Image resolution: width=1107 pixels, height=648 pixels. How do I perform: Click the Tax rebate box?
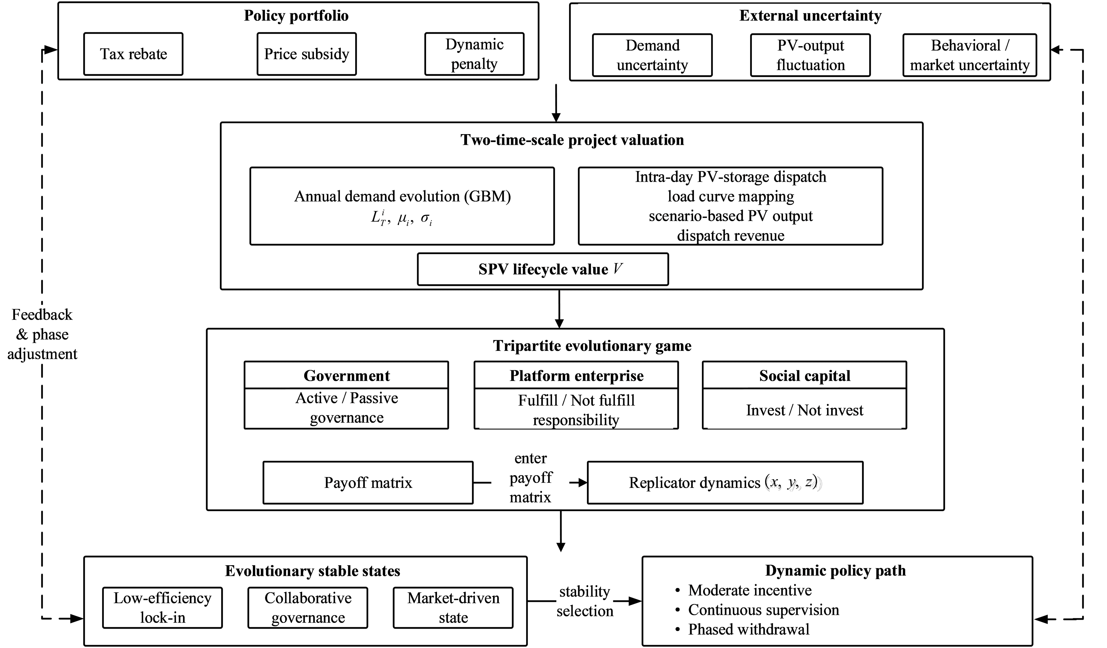point(133,54)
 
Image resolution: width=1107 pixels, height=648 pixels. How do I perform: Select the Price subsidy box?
point(307,54)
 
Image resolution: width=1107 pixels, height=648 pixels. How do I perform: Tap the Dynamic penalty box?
point(475,54)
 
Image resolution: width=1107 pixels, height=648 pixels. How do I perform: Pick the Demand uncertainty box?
point(652,55)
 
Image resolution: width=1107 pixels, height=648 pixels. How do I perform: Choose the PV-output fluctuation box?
point(810,55)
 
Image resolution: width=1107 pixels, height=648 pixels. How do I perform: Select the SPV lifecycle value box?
point(543,269)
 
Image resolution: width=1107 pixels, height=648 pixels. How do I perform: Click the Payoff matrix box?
point(368,482)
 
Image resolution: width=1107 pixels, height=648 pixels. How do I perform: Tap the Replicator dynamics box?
point(725,482)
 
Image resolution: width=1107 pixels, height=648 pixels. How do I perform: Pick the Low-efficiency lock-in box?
point(163,608)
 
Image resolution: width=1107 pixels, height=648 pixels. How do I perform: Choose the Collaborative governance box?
point(308,608)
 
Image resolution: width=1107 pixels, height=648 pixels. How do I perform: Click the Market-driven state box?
point(453,608)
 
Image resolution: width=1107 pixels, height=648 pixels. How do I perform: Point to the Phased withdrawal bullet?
point(742,629)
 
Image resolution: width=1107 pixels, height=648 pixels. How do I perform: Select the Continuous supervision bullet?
point(757,610)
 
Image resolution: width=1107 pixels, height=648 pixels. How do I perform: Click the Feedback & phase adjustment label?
point(42,334)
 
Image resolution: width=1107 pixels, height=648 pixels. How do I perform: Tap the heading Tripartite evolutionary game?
point(592,346)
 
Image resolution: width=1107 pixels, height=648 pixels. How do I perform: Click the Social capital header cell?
point(805,375)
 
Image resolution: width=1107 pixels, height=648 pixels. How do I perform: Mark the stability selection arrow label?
point(585,601)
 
